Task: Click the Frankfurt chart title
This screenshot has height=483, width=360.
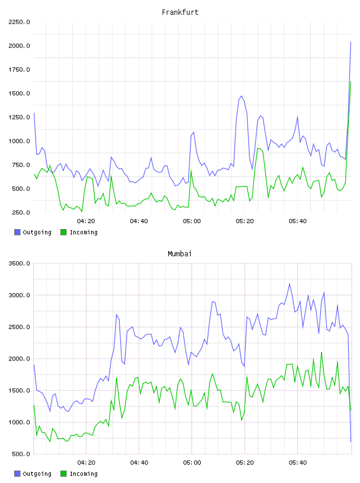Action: (180, 12)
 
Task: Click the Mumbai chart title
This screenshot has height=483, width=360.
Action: (179, 253)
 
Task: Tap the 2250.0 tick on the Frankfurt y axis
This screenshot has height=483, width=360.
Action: (19, 22)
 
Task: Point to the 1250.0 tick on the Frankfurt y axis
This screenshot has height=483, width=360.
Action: (19, 117)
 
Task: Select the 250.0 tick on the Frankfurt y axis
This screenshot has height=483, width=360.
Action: (21, 212)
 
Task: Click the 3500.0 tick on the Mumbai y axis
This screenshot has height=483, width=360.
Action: (19, 263)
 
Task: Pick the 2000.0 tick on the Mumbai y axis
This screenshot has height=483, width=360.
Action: (19, 359)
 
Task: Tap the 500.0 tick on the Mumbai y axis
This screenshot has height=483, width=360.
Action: (21, 454)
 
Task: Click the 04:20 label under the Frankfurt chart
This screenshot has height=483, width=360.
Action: (86, 221)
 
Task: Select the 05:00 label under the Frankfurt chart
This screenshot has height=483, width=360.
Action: (192, 221)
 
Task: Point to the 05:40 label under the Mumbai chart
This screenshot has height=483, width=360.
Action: (298, 462)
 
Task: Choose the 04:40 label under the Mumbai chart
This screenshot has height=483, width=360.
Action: (139, 462)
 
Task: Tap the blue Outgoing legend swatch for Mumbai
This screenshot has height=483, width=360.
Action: (17, 474)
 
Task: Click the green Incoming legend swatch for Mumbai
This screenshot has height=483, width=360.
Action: (63, 474)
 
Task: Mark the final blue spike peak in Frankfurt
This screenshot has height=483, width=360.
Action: (351, 41)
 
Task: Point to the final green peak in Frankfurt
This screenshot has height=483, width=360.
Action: (351, 82)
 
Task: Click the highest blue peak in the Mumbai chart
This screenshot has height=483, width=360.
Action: (290, 284)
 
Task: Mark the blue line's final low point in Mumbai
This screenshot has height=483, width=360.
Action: (351, 442)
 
